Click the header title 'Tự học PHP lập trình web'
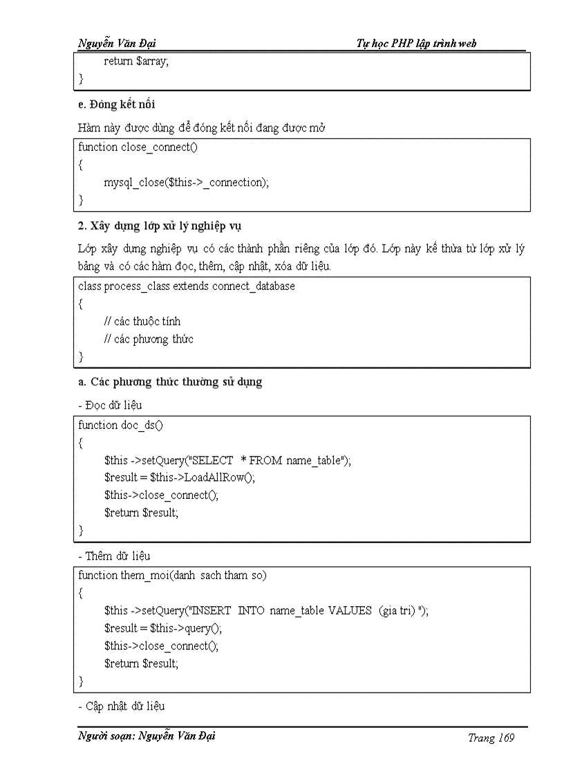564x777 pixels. [416, 44]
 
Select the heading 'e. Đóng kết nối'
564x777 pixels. [116, 104]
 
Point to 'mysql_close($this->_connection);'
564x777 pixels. [186, 183]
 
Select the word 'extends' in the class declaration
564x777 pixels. [191, 286]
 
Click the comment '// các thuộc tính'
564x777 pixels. [142, 321]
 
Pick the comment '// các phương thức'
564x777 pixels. [149, 339]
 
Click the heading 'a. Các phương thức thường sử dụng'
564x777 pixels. [170, 382]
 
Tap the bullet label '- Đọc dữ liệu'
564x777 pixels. [110, 405]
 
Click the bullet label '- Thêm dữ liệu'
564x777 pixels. [113, 556]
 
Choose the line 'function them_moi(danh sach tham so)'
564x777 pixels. [172, 575]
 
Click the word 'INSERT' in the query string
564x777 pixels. [211, 610]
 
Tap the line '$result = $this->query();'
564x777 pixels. [163, 628]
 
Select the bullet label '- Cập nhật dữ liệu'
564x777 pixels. [121, 706]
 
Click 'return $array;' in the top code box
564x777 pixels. [135, 61]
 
